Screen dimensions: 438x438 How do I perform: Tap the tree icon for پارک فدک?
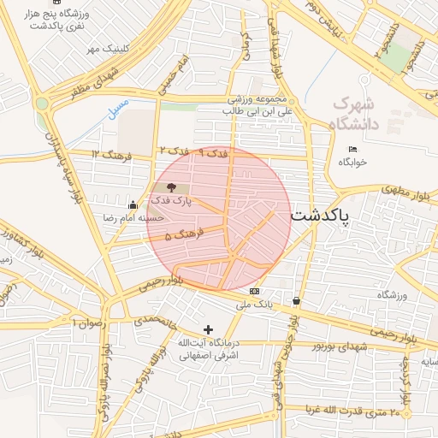[x=171, y=186]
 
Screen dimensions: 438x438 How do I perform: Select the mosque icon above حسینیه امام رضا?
[x=133, y=205]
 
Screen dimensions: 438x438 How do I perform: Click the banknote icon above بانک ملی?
[x=254, y=292]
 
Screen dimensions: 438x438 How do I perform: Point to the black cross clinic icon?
[x=207, y=329]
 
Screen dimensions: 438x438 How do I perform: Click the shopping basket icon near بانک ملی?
[x=296, y=301]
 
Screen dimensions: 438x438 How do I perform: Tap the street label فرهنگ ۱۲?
[x=108, y=153]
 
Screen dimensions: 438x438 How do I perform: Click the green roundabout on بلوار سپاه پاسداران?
[x=41, y=104]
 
